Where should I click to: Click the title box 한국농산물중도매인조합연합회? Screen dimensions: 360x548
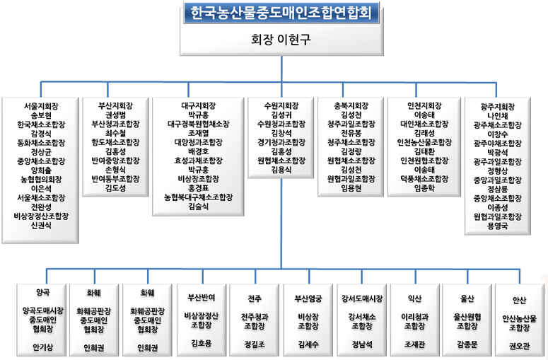(x=281, y=13)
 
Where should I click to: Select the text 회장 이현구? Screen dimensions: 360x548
(x=281, y=40)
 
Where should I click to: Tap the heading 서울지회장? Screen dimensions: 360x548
(x=40, y=105)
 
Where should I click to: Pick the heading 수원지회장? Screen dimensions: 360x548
(x=281, y=105)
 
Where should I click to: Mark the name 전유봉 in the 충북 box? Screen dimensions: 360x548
(x=351, y=133)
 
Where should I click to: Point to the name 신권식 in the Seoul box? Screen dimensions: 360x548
(x=40, y=226)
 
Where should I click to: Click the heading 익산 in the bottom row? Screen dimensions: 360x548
(x=414, y=297)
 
